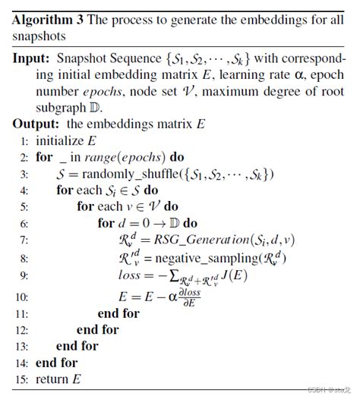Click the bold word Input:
(x=33, y=58)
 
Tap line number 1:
(x=23, y=141)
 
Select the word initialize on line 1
(x=58, y=141)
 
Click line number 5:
(x=23, y=206)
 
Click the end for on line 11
(x=119, y=313)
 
